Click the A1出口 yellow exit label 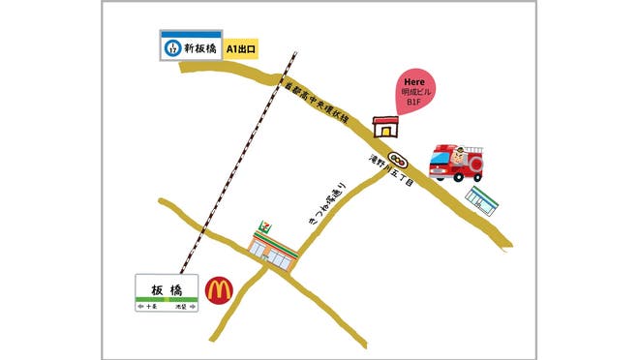(x=240, y=47)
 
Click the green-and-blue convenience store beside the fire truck (x=482, y=198)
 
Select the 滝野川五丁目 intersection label (x=391, y=176)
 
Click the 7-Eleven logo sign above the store (x=262, y=227)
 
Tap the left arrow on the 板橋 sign (x=143, y=306)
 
